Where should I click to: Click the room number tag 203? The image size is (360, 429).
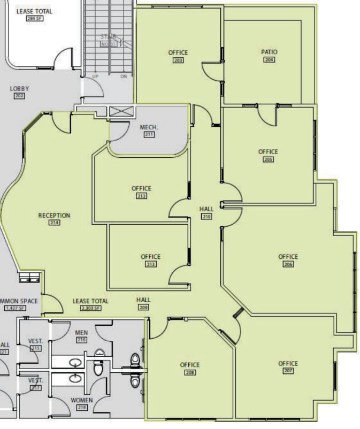[x=178, y=60]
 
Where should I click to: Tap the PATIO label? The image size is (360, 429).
[x=269, y=52]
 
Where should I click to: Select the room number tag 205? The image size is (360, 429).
[x=268, y=159]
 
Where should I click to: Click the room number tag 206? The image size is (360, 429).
[x=288, y=264]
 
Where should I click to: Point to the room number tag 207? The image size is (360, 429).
[x=288, y=371]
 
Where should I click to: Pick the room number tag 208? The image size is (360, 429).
[x=189, y=372]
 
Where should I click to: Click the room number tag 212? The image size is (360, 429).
[x=141, y=196]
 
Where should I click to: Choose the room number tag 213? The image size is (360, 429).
[x=150, y=264]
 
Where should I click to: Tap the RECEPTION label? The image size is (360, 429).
[x=54, y=216]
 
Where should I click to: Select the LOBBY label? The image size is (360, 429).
[x=19, y=89]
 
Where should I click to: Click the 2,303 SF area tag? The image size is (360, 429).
[x=90, y=308]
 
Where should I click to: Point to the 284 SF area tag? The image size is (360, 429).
[x=34, y=18]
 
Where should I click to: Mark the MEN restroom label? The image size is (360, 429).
[x=82, y=332]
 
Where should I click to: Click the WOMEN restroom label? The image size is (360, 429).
[x=82, y=400]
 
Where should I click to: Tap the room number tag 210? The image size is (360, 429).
[x=206, y=217]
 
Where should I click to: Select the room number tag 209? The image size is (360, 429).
[x=143, y=308]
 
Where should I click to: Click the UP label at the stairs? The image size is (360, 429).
[x=95, y=76]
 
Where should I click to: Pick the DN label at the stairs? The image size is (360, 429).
[x=124, y=76]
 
